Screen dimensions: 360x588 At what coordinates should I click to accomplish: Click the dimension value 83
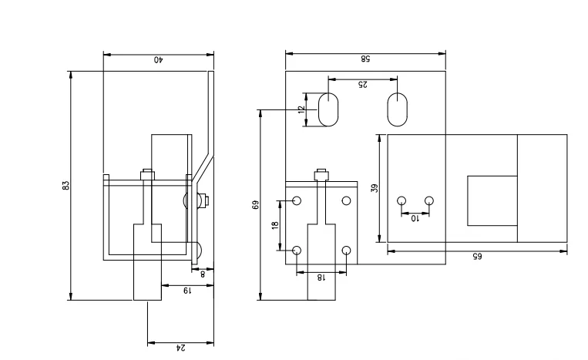click(66, 186)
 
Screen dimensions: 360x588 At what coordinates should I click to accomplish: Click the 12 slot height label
click(301, 109)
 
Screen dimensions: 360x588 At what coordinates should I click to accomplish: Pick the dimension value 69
click(256, 205)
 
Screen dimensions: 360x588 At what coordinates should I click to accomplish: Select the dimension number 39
click(374, 187)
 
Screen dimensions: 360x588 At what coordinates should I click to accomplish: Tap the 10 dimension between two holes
click(415, 219)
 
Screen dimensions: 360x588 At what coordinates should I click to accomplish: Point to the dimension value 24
click(181, 348)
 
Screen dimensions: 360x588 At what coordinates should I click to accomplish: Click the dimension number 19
click(185, 291)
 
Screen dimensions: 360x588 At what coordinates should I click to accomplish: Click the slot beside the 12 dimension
click(328, 110)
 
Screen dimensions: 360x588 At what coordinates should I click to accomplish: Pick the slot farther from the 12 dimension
click(398, 110)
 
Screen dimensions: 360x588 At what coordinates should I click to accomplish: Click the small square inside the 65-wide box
click(492, 200)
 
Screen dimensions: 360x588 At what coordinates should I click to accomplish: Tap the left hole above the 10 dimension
click(401, 201)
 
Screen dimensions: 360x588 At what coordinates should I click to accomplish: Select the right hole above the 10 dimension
click(429, 201)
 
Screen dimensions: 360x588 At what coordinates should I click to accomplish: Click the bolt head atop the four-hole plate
click(322, 174)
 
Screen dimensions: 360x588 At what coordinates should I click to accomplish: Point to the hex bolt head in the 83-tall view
click(146, 175)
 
